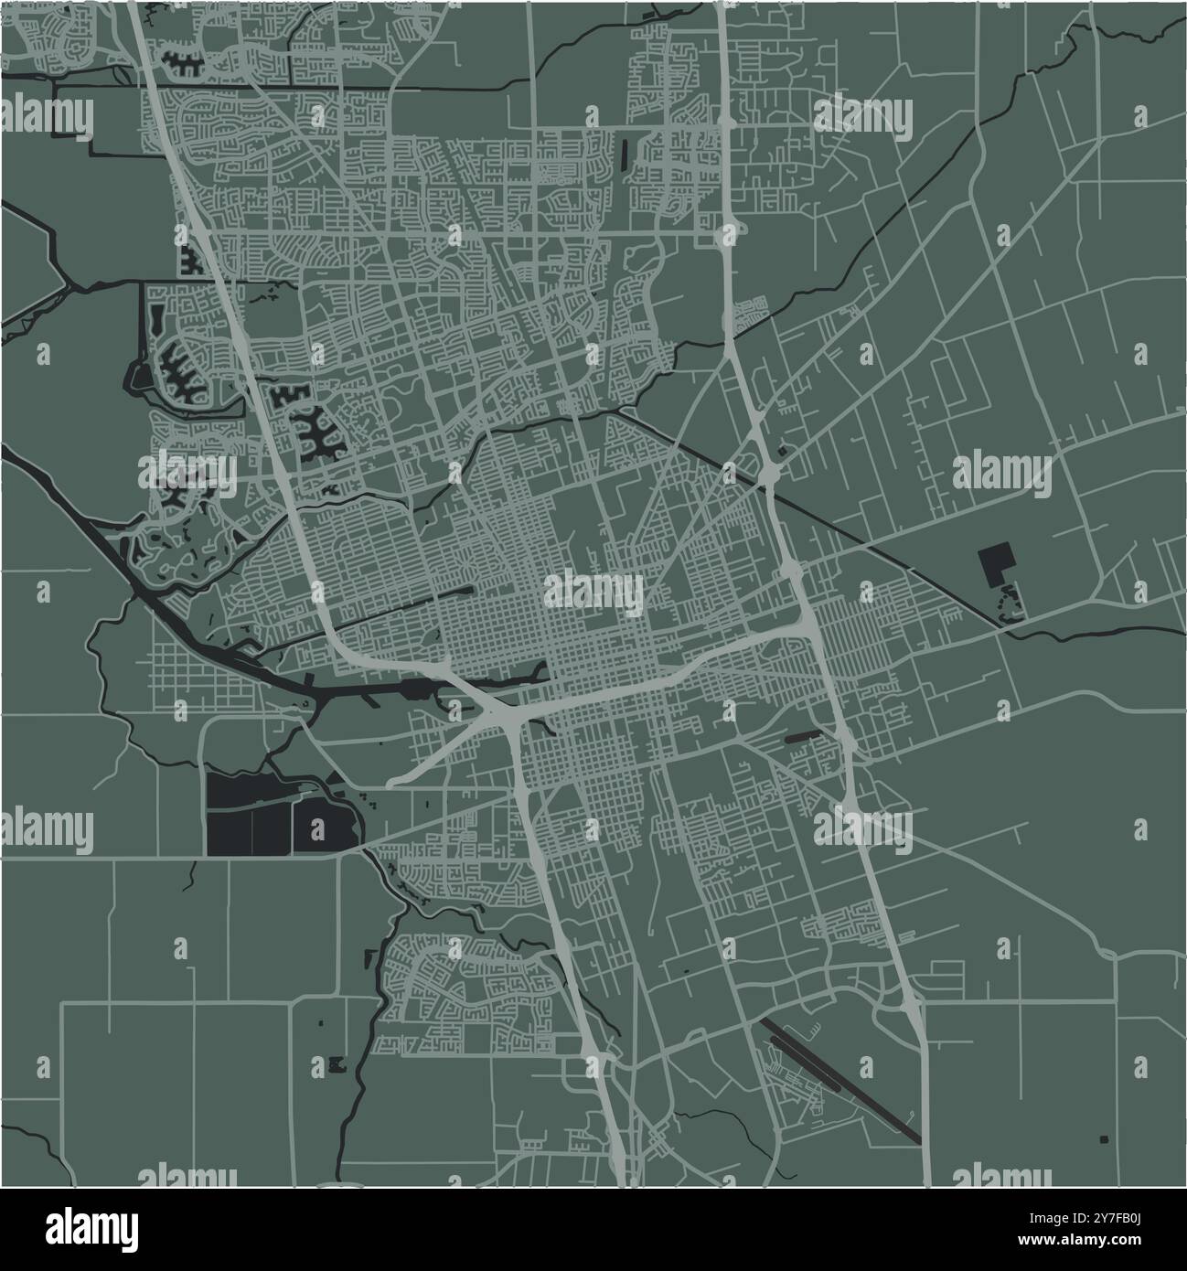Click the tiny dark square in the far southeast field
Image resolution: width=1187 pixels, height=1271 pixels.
pos(1104,1138)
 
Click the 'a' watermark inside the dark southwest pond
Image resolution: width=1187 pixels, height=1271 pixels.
pos(317,830)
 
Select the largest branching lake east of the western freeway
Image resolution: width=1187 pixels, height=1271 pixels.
pos(315,430)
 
